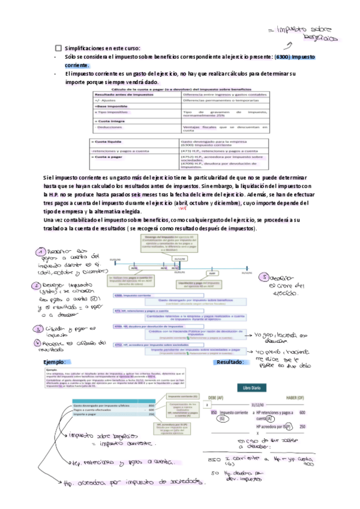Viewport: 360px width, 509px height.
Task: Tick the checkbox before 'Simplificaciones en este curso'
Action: click(58, 47)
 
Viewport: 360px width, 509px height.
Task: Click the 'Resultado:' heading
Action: click(230, 363)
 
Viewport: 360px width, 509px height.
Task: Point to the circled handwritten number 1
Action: click(40, 252)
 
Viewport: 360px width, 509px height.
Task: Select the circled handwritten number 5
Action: click(266, 278)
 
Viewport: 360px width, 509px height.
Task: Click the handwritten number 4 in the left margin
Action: click(40, 342)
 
